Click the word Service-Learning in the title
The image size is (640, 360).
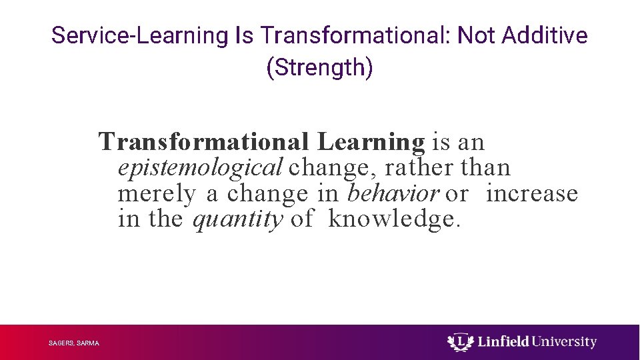click(x=139, y=35)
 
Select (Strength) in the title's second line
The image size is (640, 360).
click(x=319, y=68)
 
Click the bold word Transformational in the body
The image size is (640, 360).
click(x=203, y=142)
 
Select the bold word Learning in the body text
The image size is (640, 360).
click(x=371, y=142)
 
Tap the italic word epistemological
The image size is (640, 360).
click(x=200, y=167)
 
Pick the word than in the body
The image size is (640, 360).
click(x=485, y=167)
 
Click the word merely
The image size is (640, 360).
click(x=157, y=193)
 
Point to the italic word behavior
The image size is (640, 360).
click(x=393, y=193)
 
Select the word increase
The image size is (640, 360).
click(x=531, y=193)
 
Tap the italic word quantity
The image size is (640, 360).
click(x=237, y=219)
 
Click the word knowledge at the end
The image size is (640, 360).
click(x=393, y=219)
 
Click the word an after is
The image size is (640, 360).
click(x=471, y=142)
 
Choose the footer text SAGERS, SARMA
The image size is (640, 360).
click(x=74, y=343)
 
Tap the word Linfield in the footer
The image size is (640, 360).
click(x=500, y=342)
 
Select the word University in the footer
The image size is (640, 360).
click(x=565, y=342)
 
